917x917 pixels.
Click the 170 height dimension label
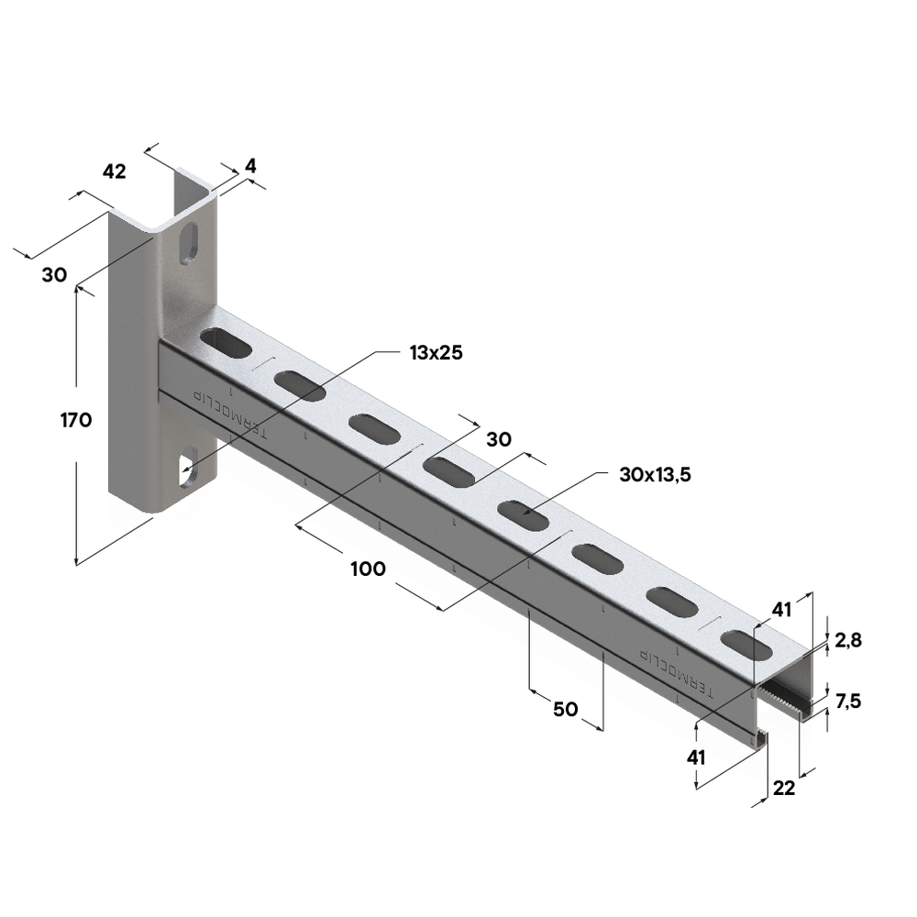76,420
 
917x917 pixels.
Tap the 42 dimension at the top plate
114,172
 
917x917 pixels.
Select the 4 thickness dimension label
250,166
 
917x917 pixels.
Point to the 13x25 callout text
436,353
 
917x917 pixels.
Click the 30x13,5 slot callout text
655,474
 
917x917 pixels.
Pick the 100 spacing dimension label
368,569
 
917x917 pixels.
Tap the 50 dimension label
566,710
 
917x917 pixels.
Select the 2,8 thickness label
848,641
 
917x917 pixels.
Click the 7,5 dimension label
848,701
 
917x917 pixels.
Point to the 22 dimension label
784,789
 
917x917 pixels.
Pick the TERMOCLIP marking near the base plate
230,414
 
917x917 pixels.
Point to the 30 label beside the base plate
54,275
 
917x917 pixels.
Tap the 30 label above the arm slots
499,439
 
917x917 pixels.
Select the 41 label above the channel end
781,610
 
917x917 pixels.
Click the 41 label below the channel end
696,758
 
